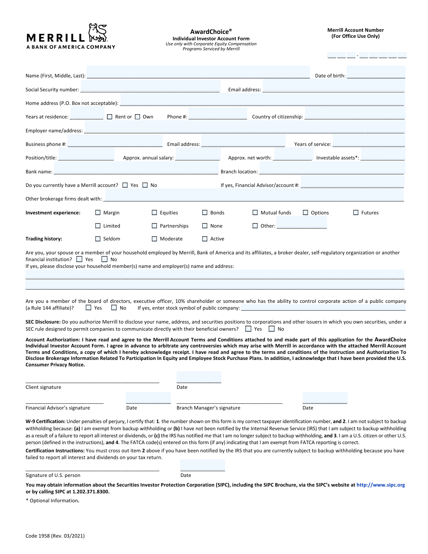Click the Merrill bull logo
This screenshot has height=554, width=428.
pos(98,33)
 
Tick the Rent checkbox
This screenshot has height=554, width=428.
pos(109,117)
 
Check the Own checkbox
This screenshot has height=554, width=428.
pos(138,117)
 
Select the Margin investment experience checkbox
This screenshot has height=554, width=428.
pos(98,213)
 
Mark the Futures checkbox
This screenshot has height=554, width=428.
pos(356,213)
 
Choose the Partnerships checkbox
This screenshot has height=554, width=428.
pos(154,226)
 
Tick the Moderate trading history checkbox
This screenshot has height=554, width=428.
pos(154,239)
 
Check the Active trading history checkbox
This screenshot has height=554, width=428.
pos(205,239)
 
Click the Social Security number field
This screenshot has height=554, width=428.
pos(150,86)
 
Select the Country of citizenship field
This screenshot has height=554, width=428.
pos(355,113)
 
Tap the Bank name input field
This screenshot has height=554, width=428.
pos(136,168)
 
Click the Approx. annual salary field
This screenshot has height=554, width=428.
pos(198,154)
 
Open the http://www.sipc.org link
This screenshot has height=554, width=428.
pos(381,485)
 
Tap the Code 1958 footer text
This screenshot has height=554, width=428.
pos(55,536)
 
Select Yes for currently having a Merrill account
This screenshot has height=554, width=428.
pos(125,185)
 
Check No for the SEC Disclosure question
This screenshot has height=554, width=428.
pos(272,329)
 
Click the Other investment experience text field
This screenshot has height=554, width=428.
pos(302,223)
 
